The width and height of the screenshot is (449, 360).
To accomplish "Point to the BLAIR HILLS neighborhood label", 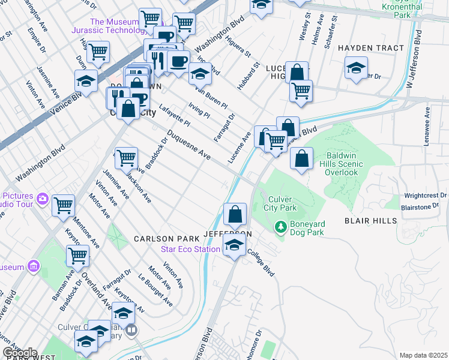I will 370,221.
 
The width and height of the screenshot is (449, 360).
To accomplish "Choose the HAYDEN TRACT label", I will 367,47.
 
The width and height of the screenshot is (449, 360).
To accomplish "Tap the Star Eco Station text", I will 191,249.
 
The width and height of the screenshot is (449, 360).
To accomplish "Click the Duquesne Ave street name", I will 188,145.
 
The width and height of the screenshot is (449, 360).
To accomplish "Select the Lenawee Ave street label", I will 427,124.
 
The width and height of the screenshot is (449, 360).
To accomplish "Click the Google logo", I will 20,353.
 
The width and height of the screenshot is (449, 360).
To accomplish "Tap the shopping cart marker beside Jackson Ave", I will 126,158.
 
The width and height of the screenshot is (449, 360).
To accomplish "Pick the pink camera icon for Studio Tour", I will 42,199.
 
